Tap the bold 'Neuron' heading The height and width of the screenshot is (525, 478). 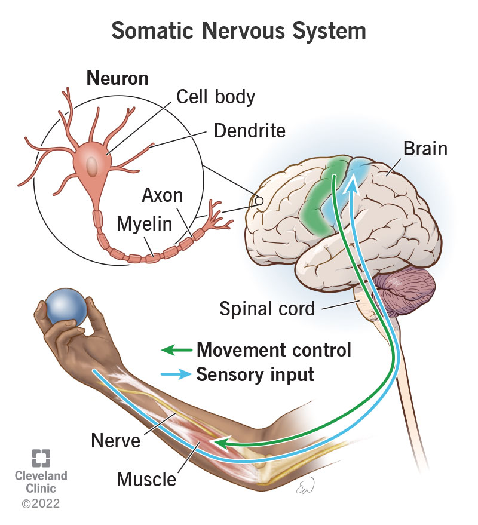pos(117,78)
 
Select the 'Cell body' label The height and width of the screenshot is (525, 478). pos(216,96)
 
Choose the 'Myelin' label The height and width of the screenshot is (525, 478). pos(144,225)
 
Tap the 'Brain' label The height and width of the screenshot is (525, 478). pos(425,148)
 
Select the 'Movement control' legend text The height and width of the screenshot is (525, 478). pos(274,349)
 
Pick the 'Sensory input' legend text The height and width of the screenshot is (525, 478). pos(255,374)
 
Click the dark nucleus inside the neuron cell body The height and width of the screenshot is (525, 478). pos(92,165)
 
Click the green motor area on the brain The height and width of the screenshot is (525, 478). pos(326,191)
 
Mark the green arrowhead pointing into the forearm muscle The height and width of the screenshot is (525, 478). pos(222,443)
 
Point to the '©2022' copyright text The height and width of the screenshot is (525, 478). pos(41,505)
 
